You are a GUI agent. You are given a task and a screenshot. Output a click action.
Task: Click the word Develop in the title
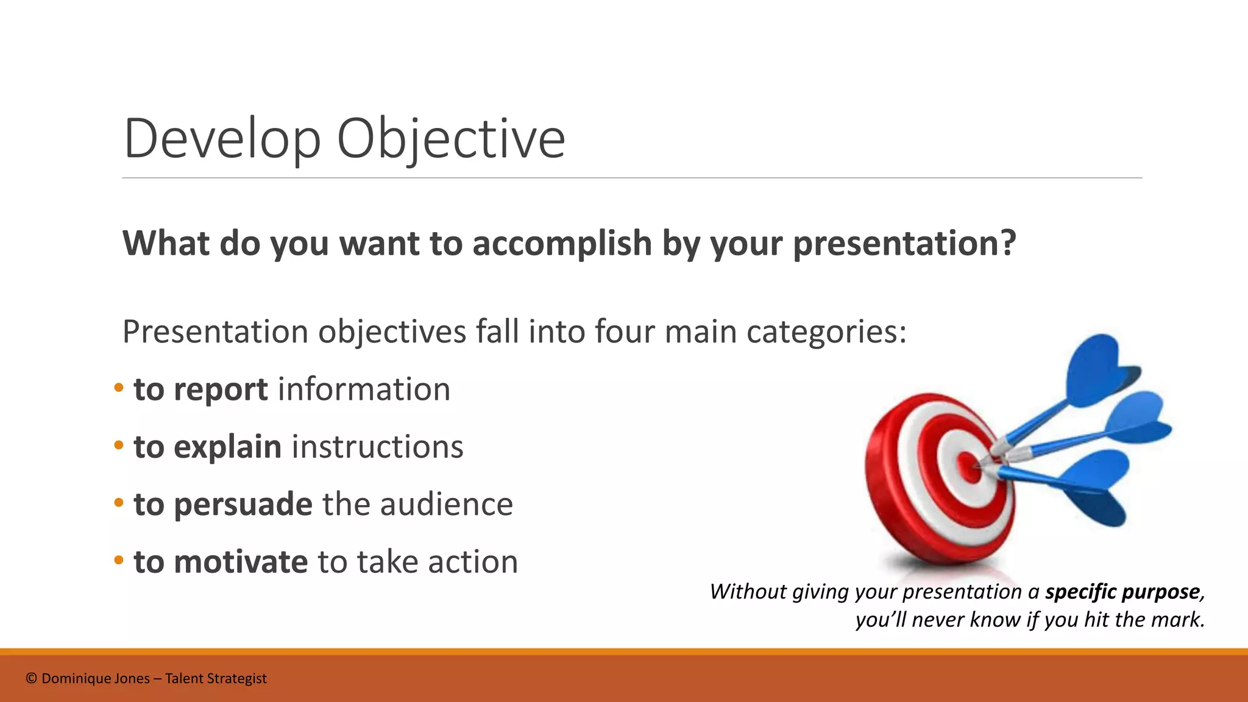click(x=222, y=140)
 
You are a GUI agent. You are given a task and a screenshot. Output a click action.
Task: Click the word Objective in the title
click(x=451, y=140)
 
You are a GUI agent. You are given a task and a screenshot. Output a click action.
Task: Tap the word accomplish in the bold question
click(x=562, y=243)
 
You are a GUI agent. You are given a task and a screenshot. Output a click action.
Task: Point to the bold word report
click(x=221, y=391)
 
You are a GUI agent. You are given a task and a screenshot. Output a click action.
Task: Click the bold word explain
click(x=227, y=447)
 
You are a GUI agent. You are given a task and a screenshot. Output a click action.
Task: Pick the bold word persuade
click(x=243, y=505)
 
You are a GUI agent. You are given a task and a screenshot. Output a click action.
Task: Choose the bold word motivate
click(x=241, y=562)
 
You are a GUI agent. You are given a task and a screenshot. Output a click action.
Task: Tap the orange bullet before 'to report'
click(x=119, y=388)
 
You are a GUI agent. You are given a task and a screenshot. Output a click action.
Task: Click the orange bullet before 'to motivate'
click(x=119, y=560)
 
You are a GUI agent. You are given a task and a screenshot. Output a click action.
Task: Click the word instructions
click(x=378, y=447)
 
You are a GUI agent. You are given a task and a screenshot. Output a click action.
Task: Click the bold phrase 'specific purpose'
click(x=1122, y=592)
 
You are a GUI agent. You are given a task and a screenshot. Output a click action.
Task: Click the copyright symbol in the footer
click(x=32, y=679)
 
